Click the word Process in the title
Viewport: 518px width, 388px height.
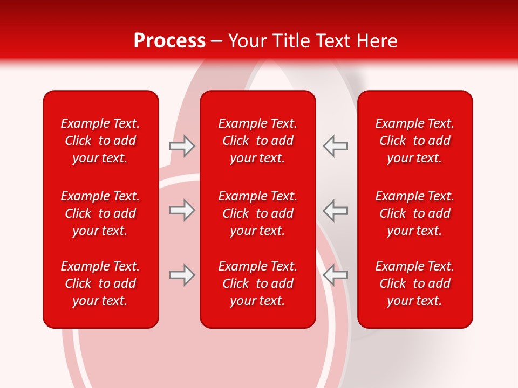pos(169,41)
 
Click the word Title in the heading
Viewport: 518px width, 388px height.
pos(289,41)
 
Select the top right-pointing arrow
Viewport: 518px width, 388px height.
pos(182,146)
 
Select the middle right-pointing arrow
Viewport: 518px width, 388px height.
pos(182,210)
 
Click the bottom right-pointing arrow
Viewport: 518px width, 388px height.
pos(182,275)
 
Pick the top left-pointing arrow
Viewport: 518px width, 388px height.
pos(335,146)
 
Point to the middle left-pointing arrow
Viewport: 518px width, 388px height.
pos(335,210)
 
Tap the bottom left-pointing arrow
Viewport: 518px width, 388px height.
pos(335,275)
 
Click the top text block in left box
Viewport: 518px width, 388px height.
pos(100,141)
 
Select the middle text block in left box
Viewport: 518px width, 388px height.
pos(100,213)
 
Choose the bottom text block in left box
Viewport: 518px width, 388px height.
pos(100,283)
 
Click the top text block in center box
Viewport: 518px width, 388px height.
pos(258,141)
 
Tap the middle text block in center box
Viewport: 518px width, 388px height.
pos(258,213)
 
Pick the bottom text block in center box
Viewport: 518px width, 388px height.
pos(258,283)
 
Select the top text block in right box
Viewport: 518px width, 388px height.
pos(415,141)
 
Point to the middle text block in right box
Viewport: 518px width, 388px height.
pos(415,213)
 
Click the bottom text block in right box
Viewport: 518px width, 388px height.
pos(415,283)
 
